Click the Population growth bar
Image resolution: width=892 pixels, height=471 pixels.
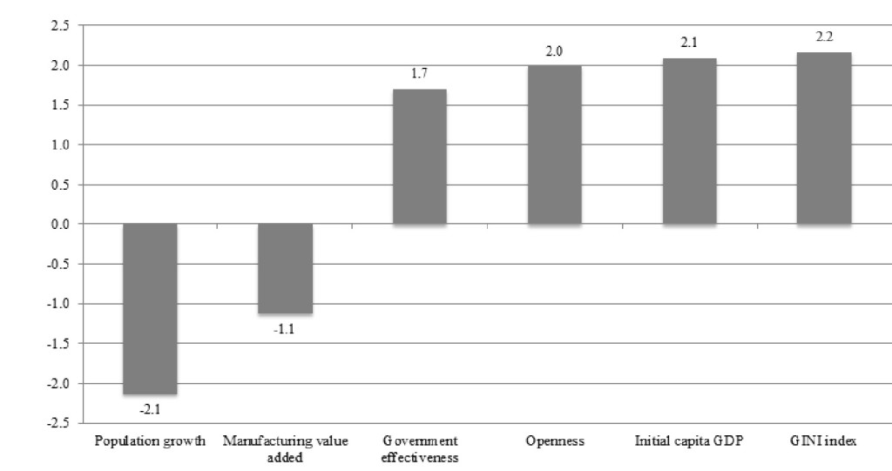pyautogui.click(x=150, y=309)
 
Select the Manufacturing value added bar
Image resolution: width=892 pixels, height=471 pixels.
pyautogui.click(x=285, y=269)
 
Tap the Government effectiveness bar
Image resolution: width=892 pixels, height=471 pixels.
pyautogui.click(x=419, y=157)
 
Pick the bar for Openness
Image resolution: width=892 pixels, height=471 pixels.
pyautogui.click(x=554, y=145)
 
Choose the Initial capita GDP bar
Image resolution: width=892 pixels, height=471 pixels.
pyautogui.click(x=689, y=141)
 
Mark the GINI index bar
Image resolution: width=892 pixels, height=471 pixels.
pyautogui.click(x=824, y=138)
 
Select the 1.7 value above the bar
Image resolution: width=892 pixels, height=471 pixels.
pyautogui.click(x=419, y=74)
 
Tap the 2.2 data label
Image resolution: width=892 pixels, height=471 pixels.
pyautogui.click(x=824, y=37)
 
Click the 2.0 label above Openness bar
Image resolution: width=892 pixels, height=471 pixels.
pyautogui.click(x=554, y=51)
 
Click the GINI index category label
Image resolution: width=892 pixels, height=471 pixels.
pyautogui.click(x=824, y=441)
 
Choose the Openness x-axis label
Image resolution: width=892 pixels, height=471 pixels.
pyautogui.click(x=554, y=441)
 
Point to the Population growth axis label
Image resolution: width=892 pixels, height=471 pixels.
pyautogui.click(x=150, y=441)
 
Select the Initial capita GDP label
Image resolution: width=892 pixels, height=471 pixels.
pyautogui.click(x=689, y=441)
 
